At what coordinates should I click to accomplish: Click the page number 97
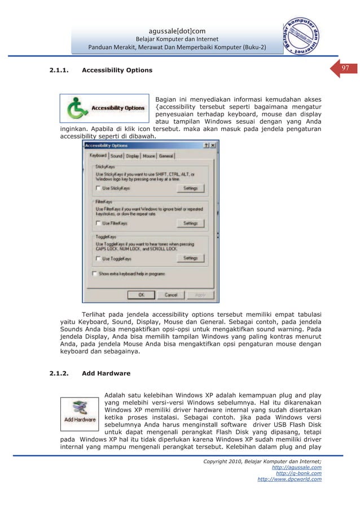point(346,68)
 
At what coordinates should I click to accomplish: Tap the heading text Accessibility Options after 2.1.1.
point(117,71)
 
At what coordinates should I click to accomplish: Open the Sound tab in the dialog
point(116,155)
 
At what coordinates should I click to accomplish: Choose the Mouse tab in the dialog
point(149,155)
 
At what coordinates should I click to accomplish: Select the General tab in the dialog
point(166,155)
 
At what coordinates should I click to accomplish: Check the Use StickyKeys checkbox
point(99,188)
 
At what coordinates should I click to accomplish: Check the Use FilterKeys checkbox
point(99,223)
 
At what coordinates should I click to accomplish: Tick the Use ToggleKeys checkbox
point(99,259)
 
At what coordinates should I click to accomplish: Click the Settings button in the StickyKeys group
point(190,188)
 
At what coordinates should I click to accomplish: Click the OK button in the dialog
point(142,295)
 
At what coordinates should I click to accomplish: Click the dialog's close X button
point(214,145)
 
